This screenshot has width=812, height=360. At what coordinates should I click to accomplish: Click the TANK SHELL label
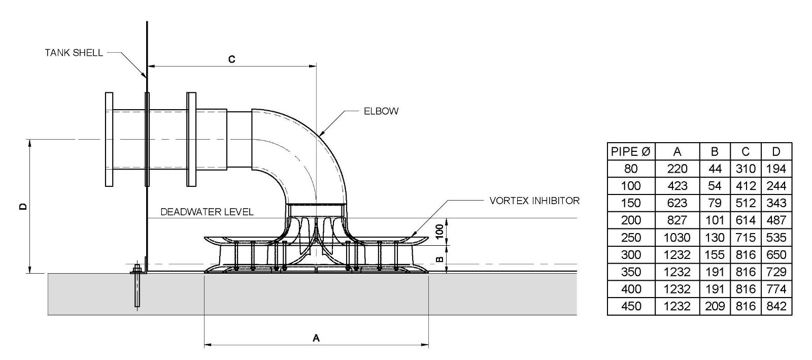[x=74, y=53]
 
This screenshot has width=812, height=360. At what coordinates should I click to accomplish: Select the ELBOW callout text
[x=381, y=111]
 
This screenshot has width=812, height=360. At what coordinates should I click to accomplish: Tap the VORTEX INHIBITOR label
[x=534, y=201]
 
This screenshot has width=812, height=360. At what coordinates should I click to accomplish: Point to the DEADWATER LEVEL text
[x=207, y=212]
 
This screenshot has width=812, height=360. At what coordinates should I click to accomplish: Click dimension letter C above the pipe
[x=231, y=59]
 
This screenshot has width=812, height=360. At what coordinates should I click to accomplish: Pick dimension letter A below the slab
[x=316, y=338]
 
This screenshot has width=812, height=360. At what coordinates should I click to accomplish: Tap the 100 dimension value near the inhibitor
[x=440, y=232]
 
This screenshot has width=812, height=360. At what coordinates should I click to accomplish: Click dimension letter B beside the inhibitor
[x=440, y=259]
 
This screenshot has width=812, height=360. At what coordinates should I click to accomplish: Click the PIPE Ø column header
[x=631, y=151]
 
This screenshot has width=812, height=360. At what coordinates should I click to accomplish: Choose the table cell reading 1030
[x=677, y=238]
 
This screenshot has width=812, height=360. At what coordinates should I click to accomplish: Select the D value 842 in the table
[x=776, y=306]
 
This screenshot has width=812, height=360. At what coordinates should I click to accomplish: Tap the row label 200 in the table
[x=631, y=220]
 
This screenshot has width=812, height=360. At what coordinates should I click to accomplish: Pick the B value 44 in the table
[x=715, y=169]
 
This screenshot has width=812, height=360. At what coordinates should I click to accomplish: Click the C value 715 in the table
[x=746, y=238]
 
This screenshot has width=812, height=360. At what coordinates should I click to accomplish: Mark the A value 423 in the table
[x=677, y=186]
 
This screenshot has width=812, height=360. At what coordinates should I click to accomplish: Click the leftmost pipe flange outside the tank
[x=109, y=139]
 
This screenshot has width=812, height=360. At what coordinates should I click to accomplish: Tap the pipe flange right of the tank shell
[x=191, y=139]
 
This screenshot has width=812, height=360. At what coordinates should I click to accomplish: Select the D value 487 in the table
[x=776, y=220]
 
